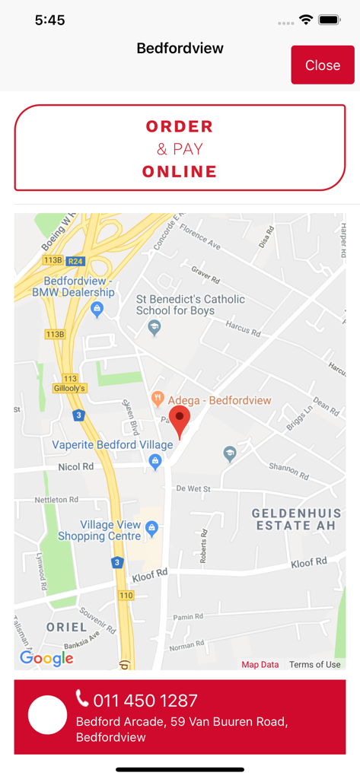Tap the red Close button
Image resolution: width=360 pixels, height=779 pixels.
[323, 65]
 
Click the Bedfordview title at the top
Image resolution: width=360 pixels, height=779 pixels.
[180, 49]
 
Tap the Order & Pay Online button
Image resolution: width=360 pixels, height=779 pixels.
[180, 148]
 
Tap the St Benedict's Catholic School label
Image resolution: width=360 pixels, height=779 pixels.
[190, 304]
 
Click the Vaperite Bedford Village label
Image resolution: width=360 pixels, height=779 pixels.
[106, 444]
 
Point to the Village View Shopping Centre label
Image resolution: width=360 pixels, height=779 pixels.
[99, 530]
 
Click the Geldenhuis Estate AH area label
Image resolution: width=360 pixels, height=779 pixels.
[297, 520]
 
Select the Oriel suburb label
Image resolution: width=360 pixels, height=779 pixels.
[66, 628]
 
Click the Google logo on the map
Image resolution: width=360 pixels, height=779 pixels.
[46, 659]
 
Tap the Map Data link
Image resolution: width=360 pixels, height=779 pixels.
[260, 664]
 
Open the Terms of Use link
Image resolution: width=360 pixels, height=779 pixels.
[315, 664]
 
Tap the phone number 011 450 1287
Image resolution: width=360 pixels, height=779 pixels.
[145, 701]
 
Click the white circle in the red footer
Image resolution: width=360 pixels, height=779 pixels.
[47, 715]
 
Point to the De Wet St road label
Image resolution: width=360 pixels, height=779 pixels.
[193, 489]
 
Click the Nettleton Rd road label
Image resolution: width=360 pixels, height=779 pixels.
[56, 500]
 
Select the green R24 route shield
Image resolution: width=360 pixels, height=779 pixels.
[75, 261]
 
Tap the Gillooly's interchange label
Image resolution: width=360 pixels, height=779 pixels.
[69, 388]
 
